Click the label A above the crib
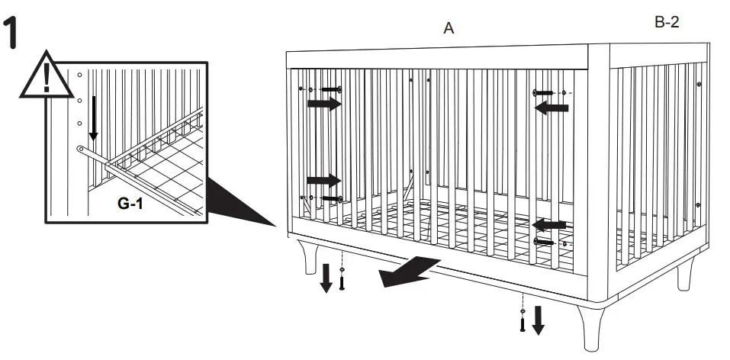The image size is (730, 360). click(x=449, y=28)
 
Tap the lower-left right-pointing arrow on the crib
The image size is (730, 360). click(x=323, y=181)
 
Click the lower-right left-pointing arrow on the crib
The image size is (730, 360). click(x=549, y=225)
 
